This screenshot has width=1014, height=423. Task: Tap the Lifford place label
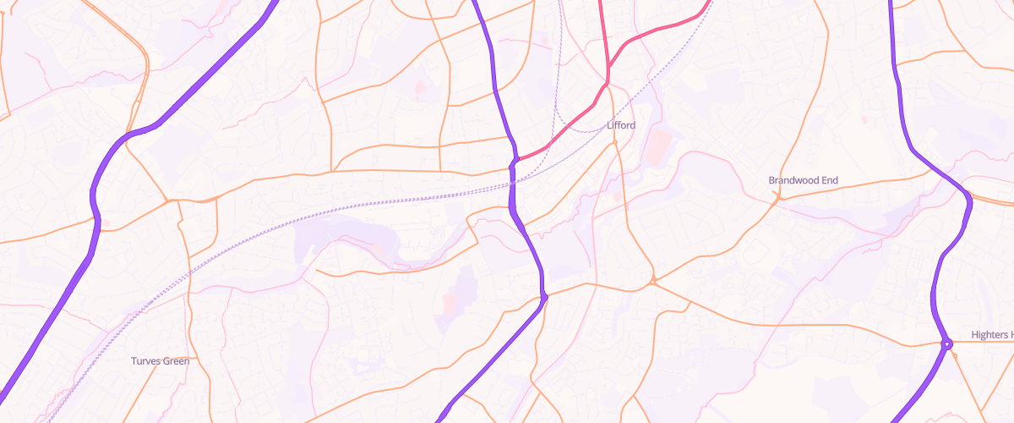click(x=621, y=125)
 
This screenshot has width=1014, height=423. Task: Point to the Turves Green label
click(x=160, y=361)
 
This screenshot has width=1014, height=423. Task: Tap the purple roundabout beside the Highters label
click(x=947, y=343)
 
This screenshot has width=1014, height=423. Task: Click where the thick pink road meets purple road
click(x=515, y=160)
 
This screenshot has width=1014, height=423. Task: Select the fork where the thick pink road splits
click(x=607, y=82)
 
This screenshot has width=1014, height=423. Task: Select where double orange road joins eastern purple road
click(x=968, y=196)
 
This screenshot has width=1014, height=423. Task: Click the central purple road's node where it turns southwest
click(x=544, y=296)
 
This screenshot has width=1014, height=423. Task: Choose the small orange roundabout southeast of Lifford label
click(x=653, y=280)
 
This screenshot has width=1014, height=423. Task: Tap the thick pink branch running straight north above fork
click(x=602, y=34)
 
